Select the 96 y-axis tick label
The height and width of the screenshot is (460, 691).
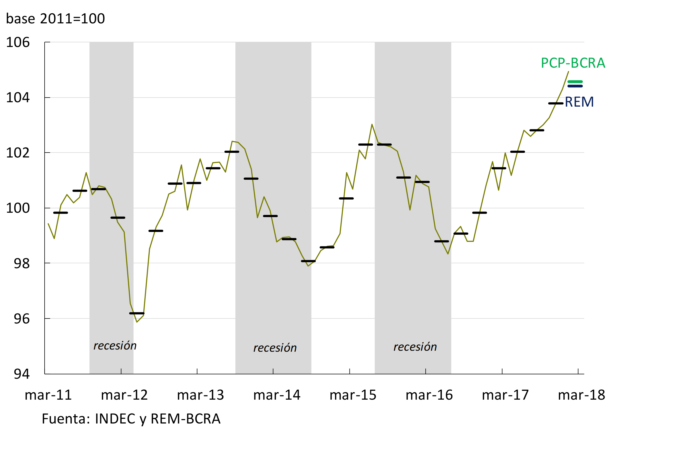pos(21,319)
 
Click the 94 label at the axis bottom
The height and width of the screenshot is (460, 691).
pos(21,374)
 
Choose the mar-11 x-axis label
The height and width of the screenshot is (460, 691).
pos(48,395)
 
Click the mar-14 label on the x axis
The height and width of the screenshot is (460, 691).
pos(277,395)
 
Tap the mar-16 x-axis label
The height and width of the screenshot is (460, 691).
pos(429,395)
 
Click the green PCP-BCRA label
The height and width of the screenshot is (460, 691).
pos(573,63)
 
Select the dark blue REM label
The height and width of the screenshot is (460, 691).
pos(579,102)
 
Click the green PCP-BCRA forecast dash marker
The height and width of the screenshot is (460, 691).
pos(575,82)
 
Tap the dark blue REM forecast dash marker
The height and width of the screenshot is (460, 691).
pos(575,86)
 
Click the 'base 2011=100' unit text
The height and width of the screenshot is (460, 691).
pos(55,19)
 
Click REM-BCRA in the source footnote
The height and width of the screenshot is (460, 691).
pos(185,419)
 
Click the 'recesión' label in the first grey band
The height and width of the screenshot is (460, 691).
pos(115,346)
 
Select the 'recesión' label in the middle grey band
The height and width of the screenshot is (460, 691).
pos(275,348)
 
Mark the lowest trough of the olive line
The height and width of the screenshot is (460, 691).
pos(137,322)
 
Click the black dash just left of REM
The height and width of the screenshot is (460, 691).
pos(555,103)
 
